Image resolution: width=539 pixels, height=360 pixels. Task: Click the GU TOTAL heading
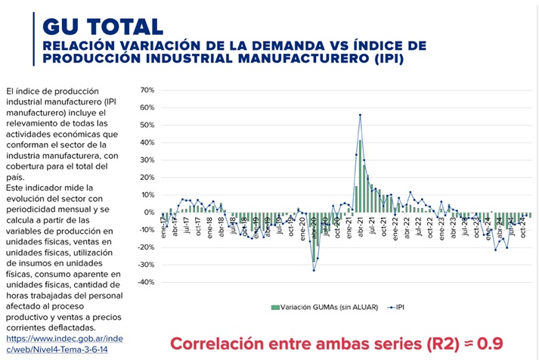pyautogui.click(x=103, y=26)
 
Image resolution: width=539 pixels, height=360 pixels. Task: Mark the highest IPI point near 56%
pyautogui.click(x=360, y=115)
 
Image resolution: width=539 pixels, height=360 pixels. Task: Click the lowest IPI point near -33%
pyautogui.click(x=314, y=270)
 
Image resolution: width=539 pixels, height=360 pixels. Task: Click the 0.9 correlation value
pyautogui.click(x=489, y=343)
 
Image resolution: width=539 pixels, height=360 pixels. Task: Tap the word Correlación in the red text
pyautogui.click(x=213, y=343)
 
